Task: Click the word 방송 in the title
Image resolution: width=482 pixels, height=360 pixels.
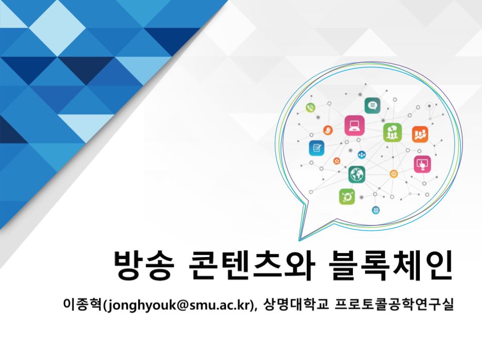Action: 144,265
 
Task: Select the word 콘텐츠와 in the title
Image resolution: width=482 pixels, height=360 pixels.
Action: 251,265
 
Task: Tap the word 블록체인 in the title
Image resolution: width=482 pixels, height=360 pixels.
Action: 391,265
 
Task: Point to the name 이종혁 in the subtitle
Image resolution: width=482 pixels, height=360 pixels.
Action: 82,304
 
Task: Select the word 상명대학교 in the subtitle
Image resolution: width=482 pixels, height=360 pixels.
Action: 296,304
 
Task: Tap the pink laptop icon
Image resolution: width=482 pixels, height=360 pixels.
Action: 354,126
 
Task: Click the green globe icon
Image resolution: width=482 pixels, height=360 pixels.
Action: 356,174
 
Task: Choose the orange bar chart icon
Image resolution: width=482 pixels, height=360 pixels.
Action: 420,135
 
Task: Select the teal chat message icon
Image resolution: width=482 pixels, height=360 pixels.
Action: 372,106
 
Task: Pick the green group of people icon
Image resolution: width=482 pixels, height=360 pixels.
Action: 392,133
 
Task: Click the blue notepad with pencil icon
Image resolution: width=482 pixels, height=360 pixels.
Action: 316,148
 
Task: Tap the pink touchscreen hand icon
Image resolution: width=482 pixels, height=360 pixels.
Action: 422,164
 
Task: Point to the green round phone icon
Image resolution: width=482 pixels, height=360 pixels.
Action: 310,107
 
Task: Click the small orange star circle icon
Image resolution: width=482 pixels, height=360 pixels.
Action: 337,161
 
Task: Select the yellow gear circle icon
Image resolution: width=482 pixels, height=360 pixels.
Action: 394,174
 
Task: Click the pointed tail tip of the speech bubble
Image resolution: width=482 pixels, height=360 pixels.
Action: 299,240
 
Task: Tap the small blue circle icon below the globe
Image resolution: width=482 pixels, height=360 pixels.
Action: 376,210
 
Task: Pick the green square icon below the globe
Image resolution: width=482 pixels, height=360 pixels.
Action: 347,196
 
